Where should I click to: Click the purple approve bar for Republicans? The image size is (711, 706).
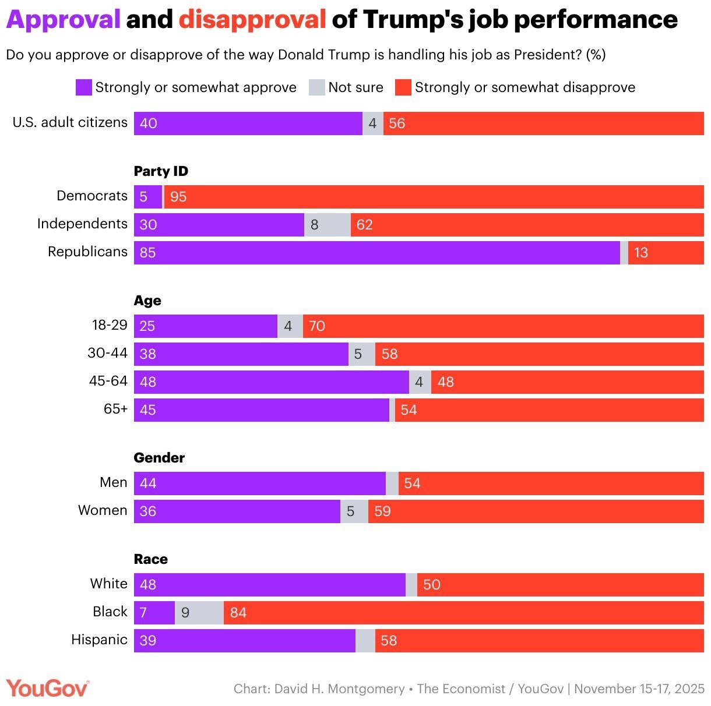(376, 252)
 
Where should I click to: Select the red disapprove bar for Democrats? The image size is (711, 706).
(434, 197)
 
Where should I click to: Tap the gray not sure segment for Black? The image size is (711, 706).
(199, 612)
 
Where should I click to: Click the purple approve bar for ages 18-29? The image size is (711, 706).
(206, 326)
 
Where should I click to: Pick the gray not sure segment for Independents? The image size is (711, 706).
(327, 224)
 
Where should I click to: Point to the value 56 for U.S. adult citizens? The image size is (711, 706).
(397, 123)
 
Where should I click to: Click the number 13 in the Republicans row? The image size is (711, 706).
(640, 253)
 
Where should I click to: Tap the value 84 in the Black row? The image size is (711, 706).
(238, 613)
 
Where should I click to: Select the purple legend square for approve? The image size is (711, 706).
(84, 87)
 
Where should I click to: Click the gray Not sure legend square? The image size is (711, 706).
(316, 87)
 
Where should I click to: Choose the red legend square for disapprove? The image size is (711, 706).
(403, 87)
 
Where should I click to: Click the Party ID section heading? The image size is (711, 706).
(161, 171)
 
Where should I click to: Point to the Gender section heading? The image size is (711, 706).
(159, 458)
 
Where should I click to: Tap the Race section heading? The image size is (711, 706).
(150, 559)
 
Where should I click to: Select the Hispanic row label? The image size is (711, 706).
(99, 640)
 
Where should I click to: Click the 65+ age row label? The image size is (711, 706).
(115, 409)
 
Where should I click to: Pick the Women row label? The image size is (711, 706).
(103, 510)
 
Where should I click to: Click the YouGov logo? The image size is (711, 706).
(48, 689)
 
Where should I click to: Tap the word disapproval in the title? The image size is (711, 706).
(252, 20)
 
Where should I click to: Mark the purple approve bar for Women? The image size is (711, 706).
(237, 511)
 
